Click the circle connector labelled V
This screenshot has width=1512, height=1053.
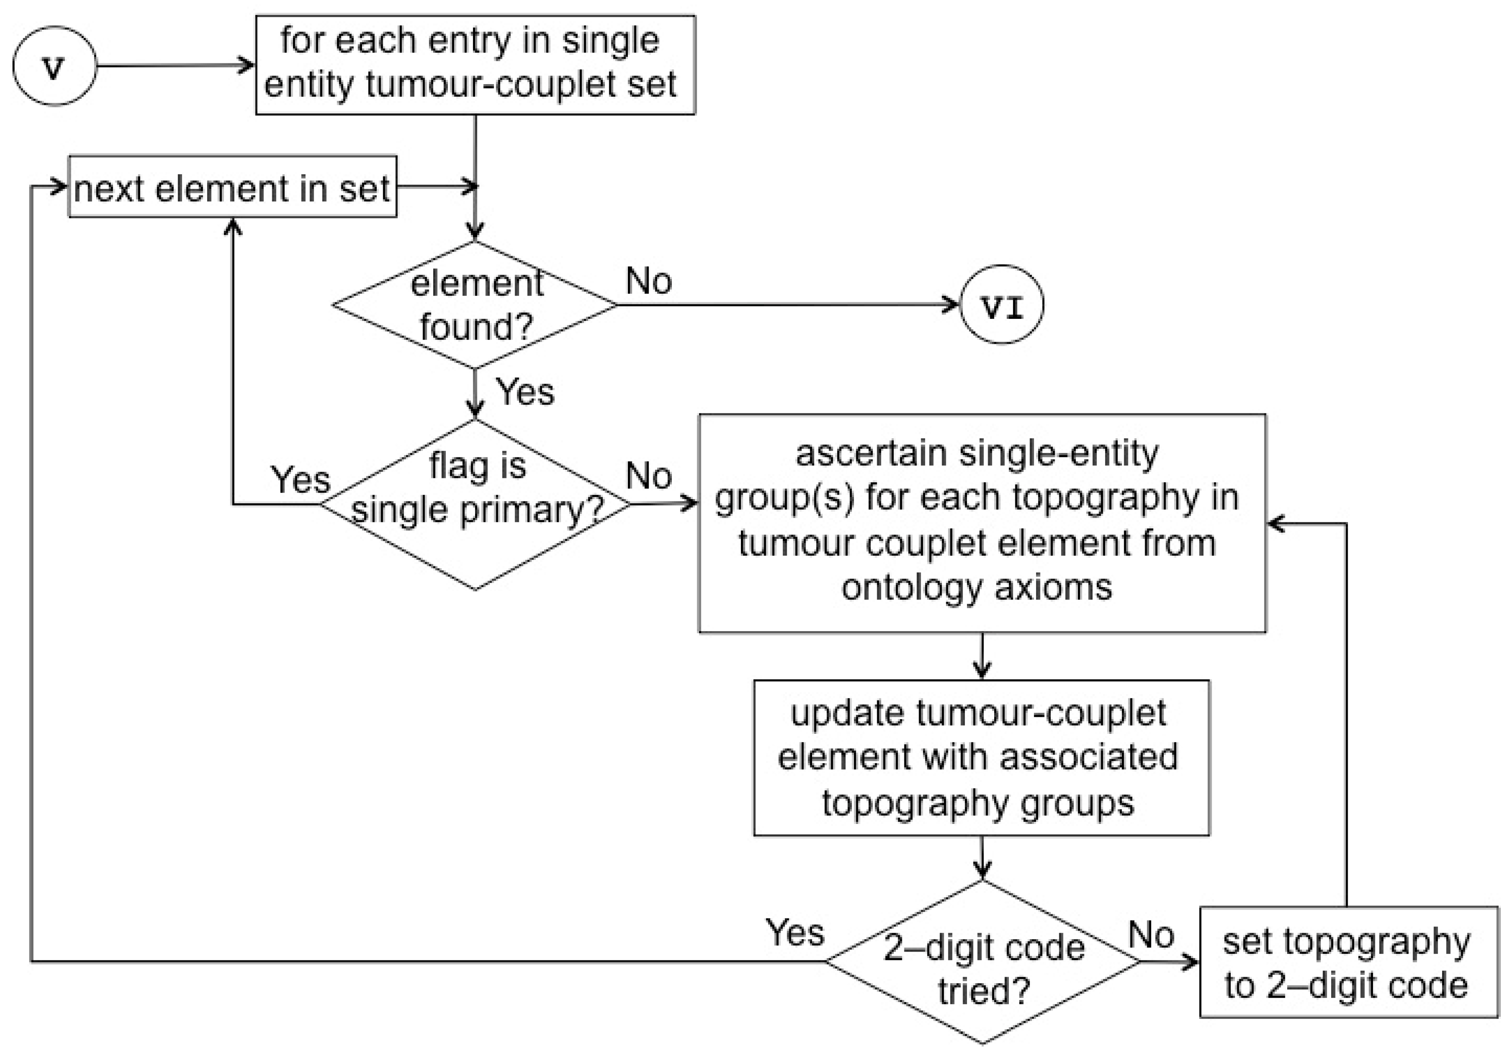(x=54, y=66)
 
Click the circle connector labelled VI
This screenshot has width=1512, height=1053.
(x=1002, y=305)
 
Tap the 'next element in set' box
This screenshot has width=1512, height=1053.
(x=233, y=187)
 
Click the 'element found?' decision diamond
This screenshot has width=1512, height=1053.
(x=475, y=305)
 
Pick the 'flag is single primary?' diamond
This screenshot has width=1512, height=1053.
(x=475, y=504)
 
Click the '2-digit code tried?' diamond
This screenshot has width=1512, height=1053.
(x=982, y=962)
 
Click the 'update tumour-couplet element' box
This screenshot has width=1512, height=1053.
(x=981, y=758)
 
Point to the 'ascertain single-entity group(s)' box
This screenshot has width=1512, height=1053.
(x=981, y=523)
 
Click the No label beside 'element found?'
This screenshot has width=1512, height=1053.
(x=648, y=281)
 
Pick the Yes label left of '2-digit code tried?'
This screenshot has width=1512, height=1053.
(x=794, y=933)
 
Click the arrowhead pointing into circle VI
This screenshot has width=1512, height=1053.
(x=952, y=305)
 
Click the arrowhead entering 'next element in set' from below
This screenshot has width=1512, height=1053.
(x=233, y=226)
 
